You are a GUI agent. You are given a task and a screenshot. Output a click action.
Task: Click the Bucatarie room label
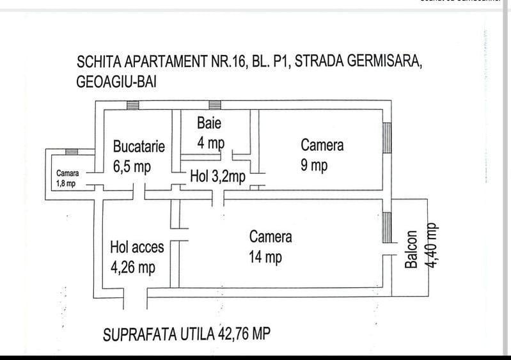pos(139,146)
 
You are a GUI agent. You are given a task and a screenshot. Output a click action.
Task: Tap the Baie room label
pos(209,123)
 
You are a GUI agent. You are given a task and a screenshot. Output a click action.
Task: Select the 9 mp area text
pos(314,166)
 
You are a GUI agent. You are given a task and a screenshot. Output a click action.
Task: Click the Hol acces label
pos(137,247)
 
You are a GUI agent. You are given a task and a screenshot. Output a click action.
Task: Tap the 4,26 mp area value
pos(133,267)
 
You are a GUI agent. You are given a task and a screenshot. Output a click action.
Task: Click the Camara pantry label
pos(68,173)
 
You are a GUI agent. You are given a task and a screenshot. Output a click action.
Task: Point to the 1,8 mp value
pos(66,184)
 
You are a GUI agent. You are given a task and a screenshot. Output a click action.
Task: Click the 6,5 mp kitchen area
pos(132,167)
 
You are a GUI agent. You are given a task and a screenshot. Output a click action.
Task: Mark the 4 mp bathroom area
pos(210,143)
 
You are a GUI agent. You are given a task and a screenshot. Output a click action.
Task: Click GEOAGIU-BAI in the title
pos(116,82)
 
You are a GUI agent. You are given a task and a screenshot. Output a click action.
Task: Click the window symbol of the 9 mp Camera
pos(386,138)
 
